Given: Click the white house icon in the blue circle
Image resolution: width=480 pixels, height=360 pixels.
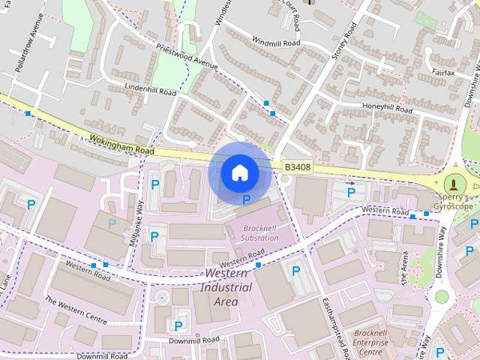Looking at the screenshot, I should pyautogui.click(x=239, y=173).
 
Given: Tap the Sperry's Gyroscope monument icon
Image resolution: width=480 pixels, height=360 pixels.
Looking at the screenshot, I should pyautogui.click(x=453, y=184).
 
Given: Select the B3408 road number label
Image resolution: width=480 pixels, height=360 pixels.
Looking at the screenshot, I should pyautogui.click(x=296, y=168).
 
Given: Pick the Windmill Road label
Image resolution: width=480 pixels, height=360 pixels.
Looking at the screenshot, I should pyautogui.click(x=276, y=42).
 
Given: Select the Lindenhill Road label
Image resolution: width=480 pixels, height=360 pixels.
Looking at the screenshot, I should pyautogui.click(x=151, y=91).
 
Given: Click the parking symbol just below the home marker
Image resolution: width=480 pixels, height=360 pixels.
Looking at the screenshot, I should pyautogui.click(x=247, y=199).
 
